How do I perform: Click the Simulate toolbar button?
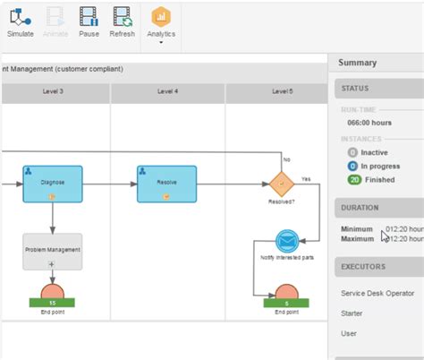(x=21, y=22)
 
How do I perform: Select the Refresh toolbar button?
(x=122, y=22)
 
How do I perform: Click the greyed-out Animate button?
(x=55, y=22)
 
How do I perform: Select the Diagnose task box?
(x=53, y=183)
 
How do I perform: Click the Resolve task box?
(x=166, y=183)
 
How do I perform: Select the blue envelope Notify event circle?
(x=286, y=242)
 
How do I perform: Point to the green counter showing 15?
(x=53, y=303)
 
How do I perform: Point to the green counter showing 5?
(x=286, y=303)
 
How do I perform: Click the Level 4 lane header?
(x=168, y=92)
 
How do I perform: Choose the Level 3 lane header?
(x=53, y=92)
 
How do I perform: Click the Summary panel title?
(x=358, y=63)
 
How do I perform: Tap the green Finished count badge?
(x=352, y=179)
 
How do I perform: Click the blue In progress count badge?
(x=352, y=166)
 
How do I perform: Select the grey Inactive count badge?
(x=352, y=152)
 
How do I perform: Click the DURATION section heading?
(x=360, y=208)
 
